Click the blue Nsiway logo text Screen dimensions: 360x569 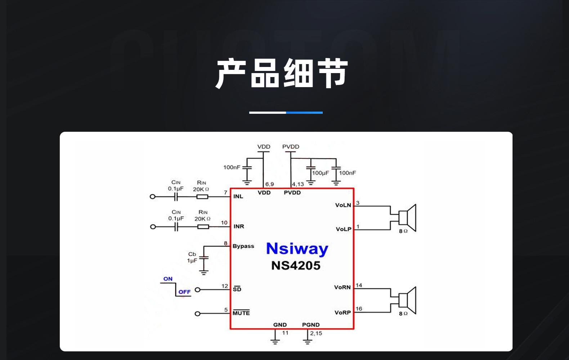(x=297, y=249)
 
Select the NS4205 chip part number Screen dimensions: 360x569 (x=296, y=266)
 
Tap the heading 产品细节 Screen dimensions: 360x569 (x=282, y=73)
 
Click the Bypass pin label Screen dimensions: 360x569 (x=243, y=246)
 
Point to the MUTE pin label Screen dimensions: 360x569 (x=241, y=313)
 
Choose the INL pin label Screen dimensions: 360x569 (x=238, y=197)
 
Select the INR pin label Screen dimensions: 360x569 (x=239, y=226)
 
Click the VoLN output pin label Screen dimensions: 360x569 (x=343, y=205)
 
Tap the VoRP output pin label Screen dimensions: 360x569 (x=342, y=312)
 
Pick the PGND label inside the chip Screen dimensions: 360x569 (x=311, y=325)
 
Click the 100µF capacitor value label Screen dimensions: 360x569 (x=321, y=173)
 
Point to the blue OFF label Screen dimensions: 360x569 (x=184, y=292)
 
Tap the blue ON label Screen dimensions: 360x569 (x=168, y=279)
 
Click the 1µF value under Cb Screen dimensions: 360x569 (x=192, y=260)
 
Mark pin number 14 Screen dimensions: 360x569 (x=359, y=285)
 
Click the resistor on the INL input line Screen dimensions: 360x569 (x=202, y=197)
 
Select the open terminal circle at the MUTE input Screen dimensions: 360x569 (x=197, y=314)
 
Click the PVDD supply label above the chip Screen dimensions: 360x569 (x=291, y=147)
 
